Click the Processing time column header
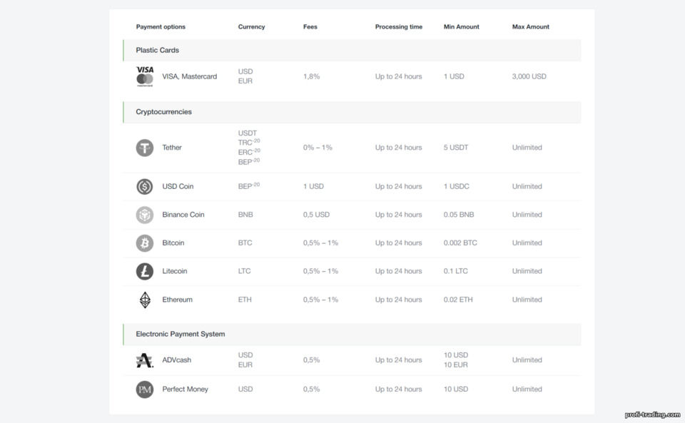point(398,26)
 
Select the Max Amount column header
point(530,26)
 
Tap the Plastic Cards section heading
point(157,50)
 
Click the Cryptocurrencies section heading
point(163,112)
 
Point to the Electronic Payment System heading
point(180,334)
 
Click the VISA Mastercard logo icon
point(145,76)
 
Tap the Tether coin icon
point(145,148)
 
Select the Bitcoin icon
point(145,243)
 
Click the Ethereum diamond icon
point(145,300)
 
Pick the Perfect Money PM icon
point(145,389)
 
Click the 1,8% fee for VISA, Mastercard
point(312,76)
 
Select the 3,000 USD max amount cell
point(529,76)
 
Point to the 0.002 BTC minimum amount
point(460,243)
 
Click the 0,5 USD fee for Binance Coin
point(316,214)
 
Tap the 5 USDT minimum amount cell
point(456,148)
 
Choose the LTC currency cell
point(244,271)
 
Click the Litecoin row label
point(174,271)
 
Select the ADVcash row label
point(176,360)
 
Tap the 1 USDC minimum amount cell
point(456,186)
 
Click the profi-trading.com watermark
point(652,414)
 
